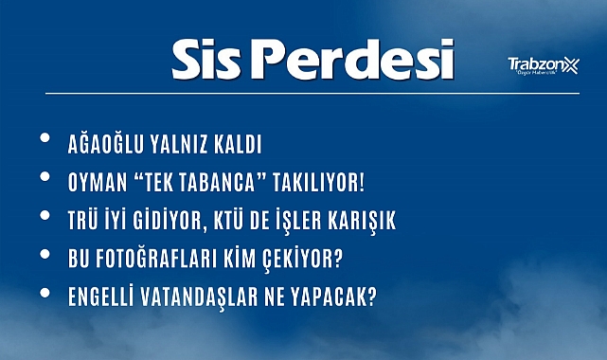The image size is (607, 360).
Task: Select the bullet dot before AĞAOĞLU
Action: pos(46,141)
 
